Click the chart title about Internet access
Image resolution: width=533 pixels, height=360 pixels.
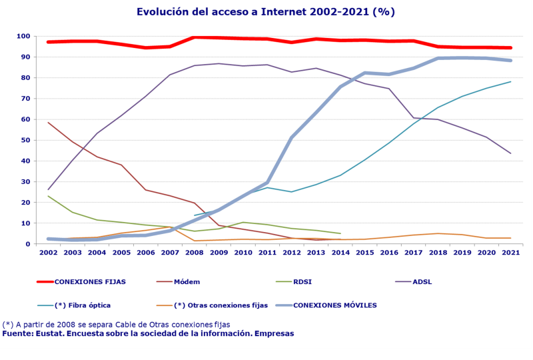click(x=266, y=11)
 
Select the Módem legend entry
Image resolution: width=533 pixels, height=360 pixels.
click(x=187, y=282)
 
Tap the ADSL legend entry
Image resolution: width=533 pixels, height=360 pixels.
click(x=422, y=282)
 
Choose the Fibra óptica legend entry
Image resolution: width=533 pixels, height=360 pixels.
click(x=83, y=305)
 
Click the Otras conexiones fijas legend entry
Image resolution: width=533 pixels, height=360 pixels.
click(x=221, y=305)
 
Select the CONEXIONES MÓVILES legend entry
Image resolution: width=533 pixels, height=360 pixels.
click(x=335, y=305)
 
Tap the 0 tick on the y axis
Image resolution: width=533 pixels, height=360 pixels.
click(x=28, y=244)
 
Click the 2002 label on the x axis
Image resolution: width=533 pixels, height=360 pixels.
click(x=48, y=253)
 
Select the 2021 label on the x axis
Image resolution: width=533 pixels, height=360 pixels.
click(x=510, y=253)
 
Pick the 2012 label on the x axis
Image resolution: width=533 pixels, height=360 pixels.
click(x=291, y=253)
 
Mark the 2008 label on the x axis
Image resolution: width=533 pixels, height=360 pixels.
click(x=194, y=253)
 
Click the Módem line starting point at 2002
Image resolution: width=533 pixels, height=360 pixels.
click(x=48, y=123)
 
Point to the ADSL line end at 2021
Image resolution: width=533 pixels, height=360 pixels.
click(x=510, y=153)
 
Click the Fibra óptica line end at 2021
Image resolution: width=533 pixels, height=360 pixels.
click(x=510, y=82)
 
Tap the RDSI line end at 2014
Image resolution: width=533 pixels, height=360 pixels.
click(x=340, y=233)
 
